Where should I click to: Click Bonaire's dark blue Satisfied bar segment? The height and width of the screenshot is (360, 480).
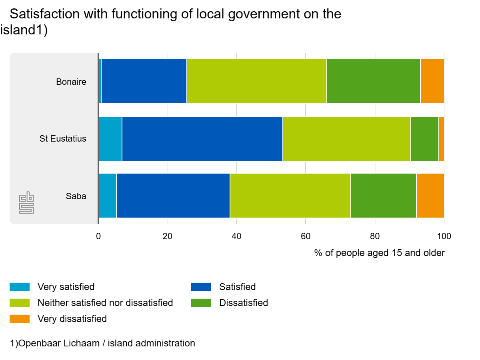[144, 81]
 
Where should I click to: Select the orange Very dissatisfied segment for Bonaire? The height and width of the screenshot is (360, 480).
[432, 81]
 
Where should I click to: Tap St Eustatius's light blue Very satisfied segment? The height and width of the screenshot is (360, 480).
[110, 139]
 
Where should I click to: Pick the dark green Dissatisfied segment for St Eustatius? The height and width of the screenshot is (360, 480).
[425, 139]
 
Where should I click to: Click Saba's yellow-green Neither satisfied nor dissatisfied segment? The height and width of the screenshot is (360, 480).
[290, 196]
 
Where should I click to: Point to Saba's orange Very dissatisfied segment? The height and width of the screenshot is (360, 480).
[430, 196]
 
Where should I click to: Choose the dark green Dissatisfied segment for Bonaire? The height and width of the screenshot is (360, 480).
[374, 81]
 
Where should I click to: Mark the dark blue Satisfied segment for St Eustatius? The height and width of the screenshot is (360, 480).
[202, 139]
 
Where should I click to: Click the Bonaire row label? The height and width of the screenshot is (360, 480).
[71, 82]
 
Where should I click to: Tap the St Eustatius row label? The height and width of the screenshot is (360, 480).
[63, 138]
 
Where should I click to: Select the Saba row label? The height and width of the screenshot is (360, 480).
[76, 196]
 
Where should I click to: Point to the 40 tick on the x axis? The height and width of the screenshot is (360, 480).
[236, 236]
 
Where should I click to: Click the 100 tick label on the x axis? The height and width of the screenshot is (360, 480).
[444, 236]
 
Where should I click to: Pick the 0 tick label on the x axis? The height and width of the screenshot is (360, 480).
[98, 236]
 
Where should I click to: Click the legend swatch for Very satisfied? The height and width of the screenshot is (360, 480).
[20, 287]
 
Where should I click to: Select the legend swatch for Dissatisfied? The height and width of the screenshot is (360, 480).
[201, 303]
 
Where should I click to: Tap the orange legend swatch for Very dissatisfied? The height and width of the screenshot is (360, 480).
[20, 319]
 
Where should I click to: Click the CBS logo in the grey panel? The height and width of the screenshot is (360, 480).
[26, 203]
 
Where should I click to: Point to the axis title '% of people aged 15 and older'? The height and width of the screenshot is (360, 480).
[380, 253]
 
